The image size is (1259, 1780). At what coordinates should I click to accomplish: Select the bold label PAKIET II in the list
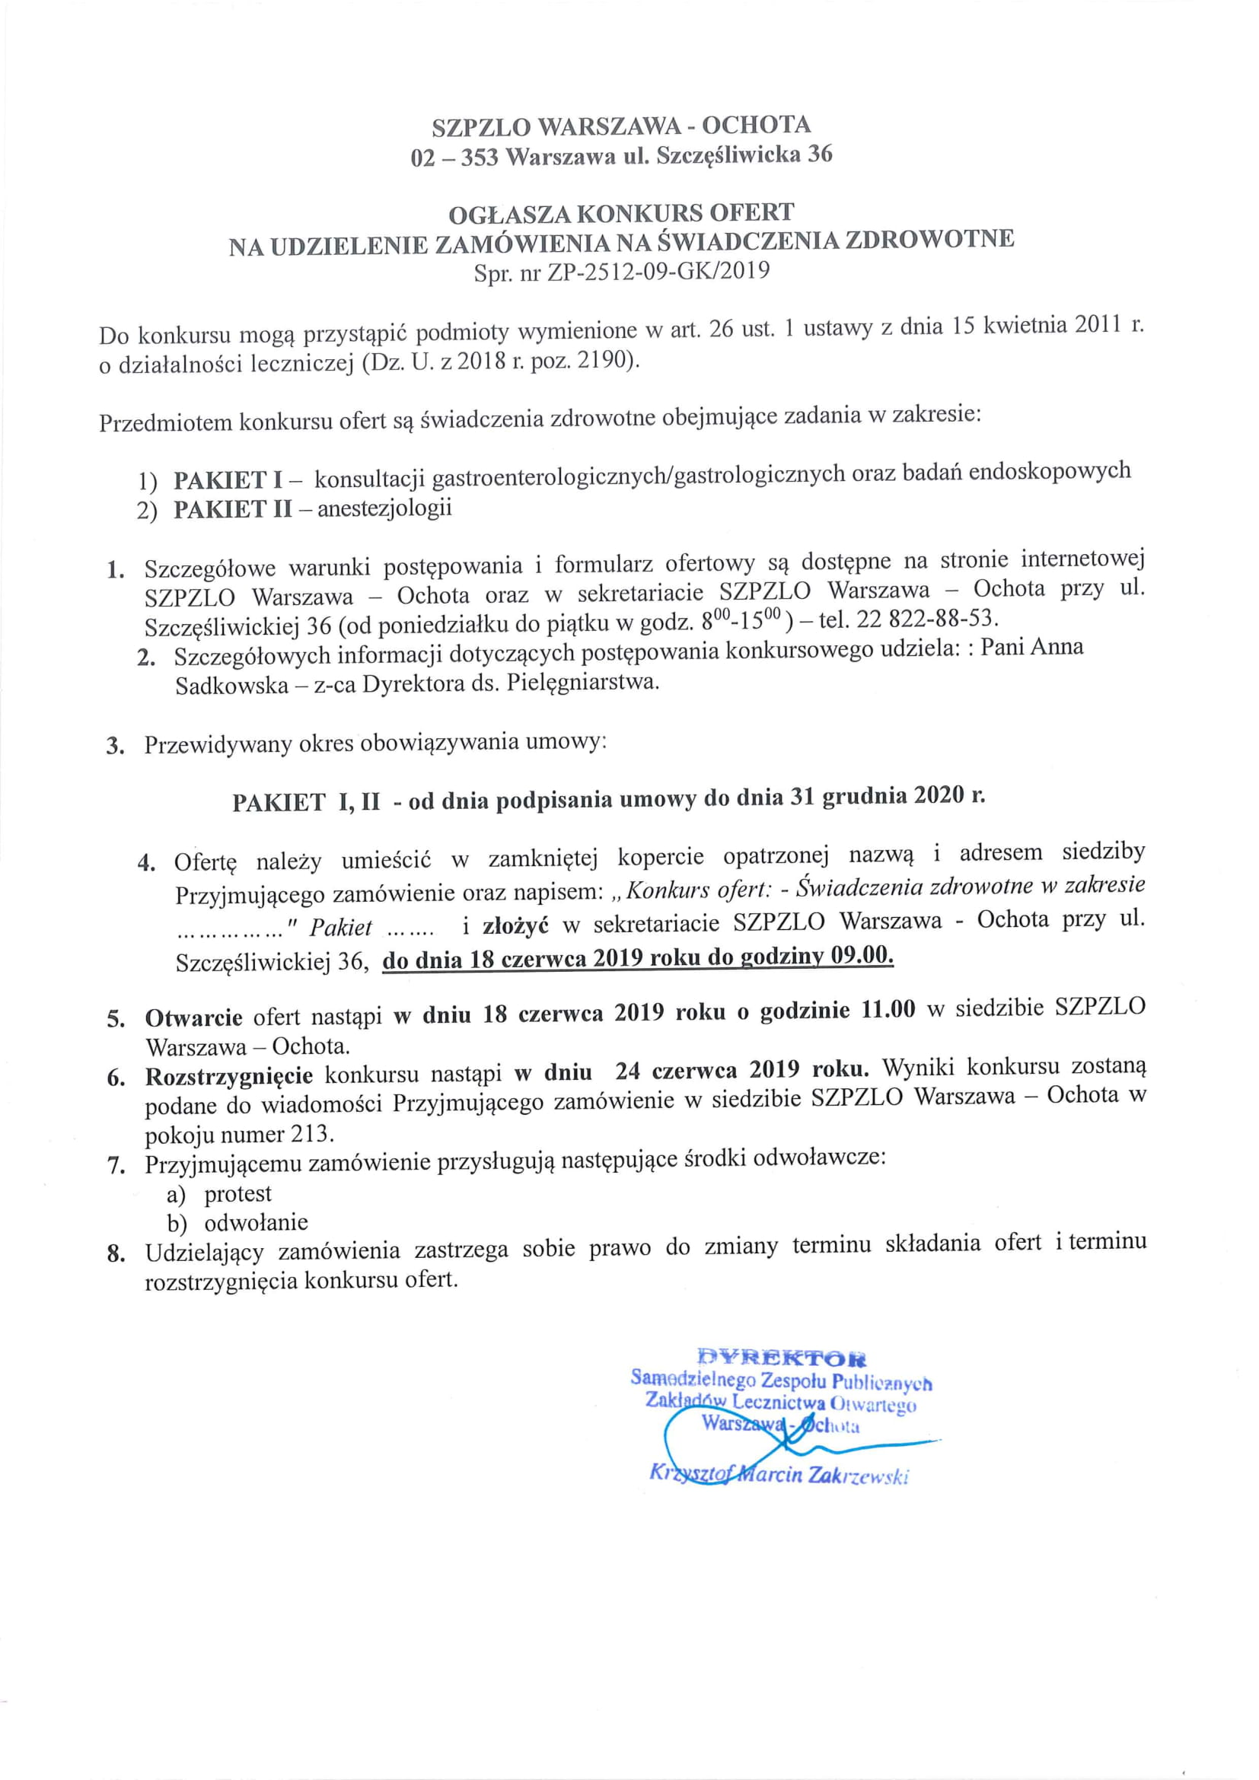[x=233, y=509]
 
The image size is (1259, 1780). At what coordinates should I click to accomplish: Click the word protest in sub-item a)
[x=238, y=1194]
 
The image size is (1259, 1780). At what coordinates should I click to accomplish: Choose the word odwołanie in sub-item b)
[x=256, y=1223]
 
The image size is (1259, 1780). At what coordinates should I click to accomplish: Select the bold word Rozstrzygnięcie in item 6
[x=228, y=1076]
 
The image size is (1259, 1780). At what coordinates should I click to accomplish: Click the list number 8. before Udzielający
[x=116, y=1253]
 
